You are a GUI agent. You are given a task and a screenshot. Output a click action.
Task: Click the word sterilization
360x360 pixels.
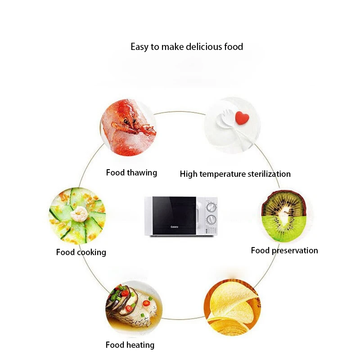coord(269,174)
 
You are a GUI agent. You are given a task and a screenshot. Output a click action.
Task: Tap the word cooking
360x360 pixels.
coord(91,252)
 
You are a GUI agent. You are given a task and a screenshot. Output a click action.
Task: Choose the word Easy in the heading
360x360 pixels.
coord(139,47)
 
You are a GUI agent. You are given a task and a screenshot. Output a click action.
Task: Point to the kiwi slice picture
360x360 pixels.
coord(285,215)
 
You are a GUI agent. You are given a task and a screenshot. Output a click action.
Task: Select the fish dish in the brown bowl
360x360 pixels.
coord(134,307)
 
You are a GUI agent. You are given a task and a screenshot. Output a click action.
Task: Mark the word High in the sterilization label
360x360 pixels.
coord(189,174)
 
